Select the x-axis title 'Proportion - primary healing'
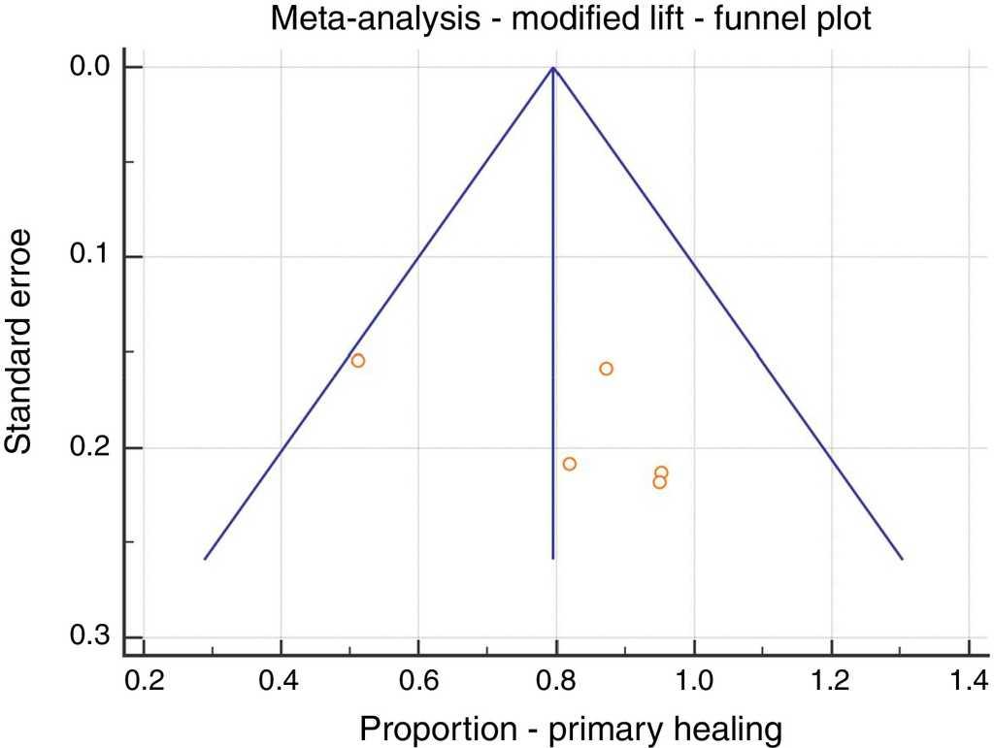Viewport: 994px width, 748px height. pyautogui.click(x=570, y=728)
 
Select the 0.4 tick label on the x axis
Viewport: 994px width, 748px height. pyautogui.click(x=281, y=678)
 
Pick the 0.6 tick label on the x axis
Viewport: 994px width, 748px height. pyautogui.click(x=418, y=678)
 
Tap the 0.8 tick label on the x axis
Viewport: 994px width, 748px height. pyautogui.click(x=556, y=678)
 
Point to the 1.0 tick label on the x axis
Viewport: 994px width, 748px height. pyautogui.click(x=694, y=678)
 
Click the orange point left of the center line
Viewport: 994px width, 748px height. pyautogui.click(x=357, y=361)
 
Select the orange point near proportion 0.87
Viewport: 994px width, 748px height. pyautogui.click(x=607, y=369)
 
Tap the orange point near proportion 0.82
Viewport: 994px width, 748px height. pyautogui.click(x=570, y=464)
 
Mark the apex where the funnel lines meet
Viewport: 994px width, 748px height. pyautogui.click(x=553, y=68)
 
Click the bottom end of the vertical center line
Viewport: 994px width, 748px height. pyautogui.click(x=553, y=559)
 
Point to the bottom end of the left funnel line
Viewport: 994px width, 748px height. pyautogui.click(x=205, y=559)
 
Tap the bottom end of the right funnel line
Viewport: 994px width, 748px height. pyautogui.click(x=903, y=559)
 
